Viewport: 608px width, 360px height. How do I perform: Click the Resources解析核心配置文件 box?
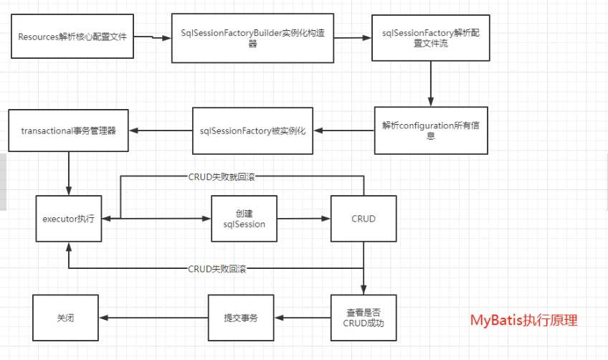tap(71, 35)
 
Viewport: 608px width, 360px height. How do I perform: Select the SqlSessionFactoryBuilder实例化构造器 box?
tap(253, 38)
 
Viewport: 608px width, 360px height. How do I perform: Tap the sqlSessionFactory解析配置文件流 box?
tap(430, 37)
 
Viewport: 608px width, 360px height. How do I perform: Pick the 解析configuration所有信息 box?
tap(430, 130)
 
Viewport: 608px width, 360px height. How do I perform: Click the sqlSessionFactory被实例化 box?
tap(253, 131)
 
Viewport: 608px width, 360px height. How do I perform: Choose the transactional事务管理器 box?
tap(67, 131)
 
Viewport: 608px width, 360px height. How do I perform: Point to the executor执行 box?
tap(68, 218)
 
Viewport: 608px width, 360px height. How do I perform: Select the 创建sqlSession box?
tap(244, 218)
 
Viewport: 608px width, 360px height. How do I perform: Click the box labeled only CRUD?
tap(364, 218)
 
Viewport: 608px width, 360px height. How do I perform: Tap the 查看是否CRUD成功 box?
tap(364, 317)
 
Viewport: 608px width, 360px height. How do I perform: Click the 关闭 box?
tap(65, 317)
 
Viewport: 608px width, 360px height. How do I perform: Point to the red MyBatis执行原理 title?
tap(523, 321)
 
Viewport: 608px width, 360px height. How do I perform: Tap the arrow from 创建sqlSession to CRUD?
tap(304, 218)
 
